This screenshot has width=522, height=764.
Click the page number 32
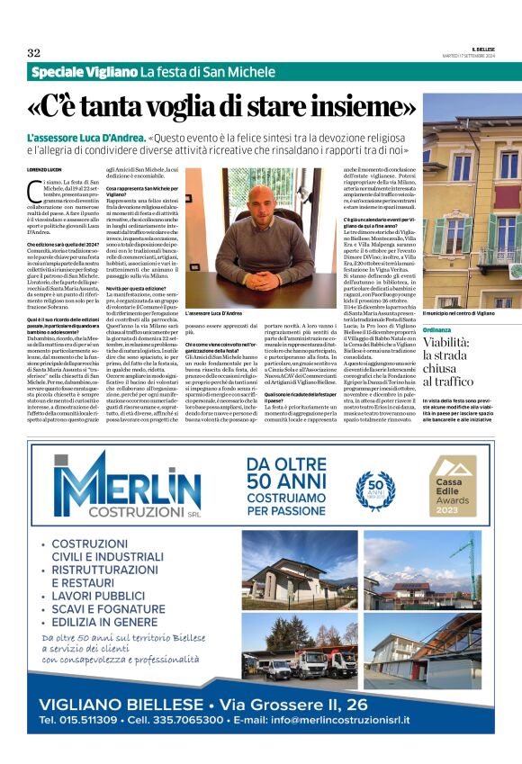click(x=34, y=52)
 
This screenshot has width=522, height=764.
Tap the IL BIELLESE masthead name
click(x=483, y=49)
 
